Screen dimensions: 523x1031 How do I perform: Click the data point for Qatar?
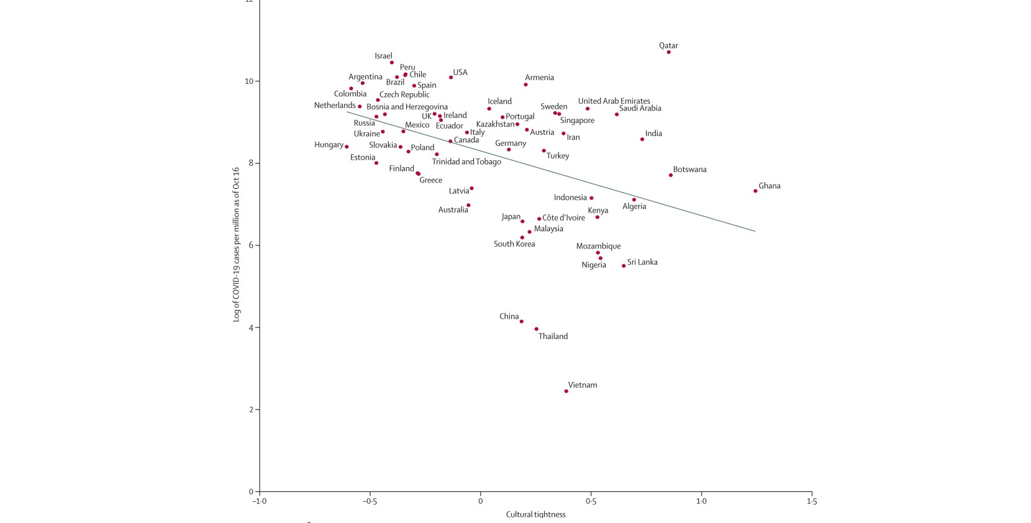tap(668, 52)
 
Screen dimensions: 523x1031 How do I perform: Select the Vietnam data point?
tap(566, 391)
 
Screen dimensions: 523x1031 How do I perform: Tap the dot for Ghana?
tap(755, 191)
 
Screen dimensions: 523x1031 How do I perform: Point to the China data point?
tap(521, 322)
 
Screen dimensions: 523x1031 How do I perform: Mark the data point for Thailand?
tap(536, 329)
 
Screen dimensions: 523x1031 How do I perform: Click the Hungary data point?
tap(347, 147)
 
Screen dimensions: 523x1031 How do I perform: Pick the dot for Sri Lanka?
tap(624, 266)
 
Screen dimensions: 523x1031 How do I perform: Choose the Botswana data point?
tap(671, 175)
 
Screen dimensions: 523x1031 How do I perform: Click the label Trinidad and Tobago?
tap(466, 162)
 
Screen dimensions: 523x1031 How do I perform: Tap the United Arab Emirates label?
tap(614, 101)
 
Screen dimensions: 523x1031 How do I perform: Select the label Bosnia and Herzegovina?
tap(407, 107)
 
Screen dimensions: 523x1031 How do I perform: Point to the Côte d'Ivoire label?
tap(563, 218)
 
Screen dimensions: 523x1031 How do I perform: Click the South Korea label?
tap(514, 244)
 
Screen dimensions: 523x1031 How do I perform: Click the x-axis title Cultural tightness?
tap(535, 514)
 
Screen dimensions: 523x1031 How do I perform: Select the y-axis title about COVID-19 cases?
tap(236, 244)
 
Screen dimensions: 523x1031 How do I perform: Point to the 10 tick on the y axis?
tap(248, 81)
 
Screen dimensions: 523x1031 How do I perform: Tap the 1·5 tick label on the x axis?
tap(811, 501)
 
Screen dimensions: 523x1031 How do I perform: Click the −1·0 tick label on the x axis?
tap(259, 501)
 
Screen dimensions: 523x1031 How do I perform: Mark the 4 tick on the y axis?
tap(250, 328)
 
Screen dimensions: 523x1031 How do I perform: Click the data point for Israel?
tap(391, 63)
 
